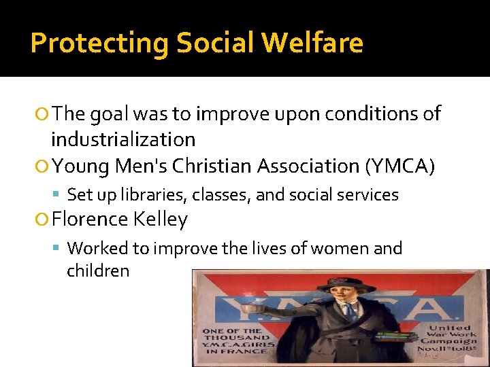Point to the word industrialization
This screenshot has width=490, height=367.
click(123, 140)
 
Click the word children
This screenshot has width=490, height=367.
click(98, 270)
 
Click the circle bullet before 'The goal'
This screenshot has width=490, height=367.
click(44, 114)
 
